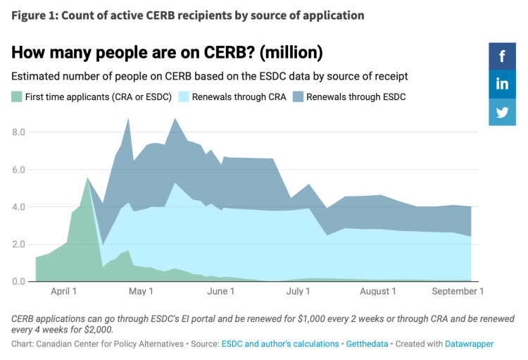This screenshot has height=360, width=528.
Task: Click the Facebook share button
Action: click(503, 56)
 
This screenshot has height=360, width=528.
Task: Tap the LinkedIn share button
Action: click(503, 84)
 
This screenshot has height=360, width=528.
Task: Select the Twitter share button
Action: click(503, 112)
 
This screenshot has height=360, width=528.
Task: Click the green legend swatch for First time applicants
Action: click(17, 97)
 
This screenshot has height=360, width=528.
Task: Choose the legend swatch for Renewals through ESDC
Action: click(298, 97)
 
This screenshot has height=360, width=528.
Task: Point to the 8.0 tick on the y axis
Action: click(18, 132)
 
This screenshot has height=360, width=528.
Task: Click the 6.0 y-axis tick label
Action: click(18, 170)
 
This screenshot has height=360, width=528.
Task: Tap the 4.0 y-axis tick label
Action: click(18, 207)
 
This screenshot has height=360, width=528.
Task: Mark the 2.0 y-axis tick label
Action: click(18, 244)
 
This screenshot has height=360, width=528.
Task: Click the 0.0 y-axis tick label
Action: click(18, 282)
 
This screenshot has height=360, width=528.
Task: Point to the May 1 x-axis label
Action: click(142, 291)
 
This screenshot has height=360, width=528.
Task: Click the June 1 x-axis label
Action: click(222, 291)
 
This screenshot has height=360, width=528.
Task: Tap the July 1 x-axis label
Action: click(298, 291)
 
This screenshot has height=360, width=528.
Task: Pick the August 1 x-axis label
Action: click(379, 291)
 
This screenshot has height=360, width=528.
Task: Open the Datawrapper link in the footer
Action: click(463, 344)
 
